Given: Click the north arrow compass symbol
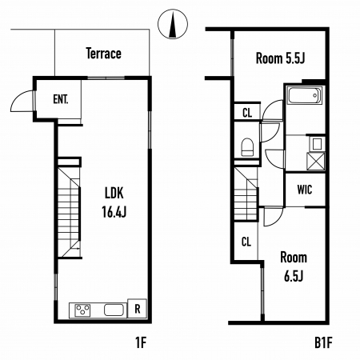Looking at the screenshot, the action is (x=173, y=24).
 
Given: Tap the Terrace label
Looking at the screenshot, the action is (x=104, y=54).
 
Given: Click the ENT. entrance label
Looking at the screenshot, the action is (x=61, y=99).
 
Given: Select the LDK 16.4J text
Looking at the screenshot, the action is (x=114, y=202).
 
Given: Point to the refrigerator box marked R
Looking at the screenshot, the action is (x=137, y=309).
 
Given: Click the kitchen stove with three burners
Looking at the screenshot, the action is (x=82, y=310).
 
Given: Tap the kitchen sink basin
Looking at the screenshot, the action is (x=114, y=310).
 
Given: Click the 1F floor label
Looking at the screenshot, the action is (x=141, y=342).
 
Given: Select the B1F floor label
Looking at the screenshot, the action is (x=323, y=342).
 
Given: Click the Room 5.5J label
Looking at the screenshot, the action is (x=280, y=58).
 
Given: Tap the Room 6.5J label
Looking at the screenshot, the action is (x=294, y=266).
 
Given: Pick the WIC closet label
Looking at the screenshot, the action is (x=305, y=190).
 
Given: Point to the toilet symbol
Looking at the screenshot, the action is (x=247, y=146).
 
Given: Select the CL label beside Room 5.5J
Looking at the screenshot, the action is (x=247, y=113).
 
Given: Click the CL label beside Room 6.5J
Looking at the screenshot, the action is (x=246, y=242).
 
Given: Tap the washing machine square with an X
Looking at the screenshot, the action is (x=316, y=161).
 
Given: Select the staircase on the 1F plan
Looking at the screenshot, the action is (x=70, y=213).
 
